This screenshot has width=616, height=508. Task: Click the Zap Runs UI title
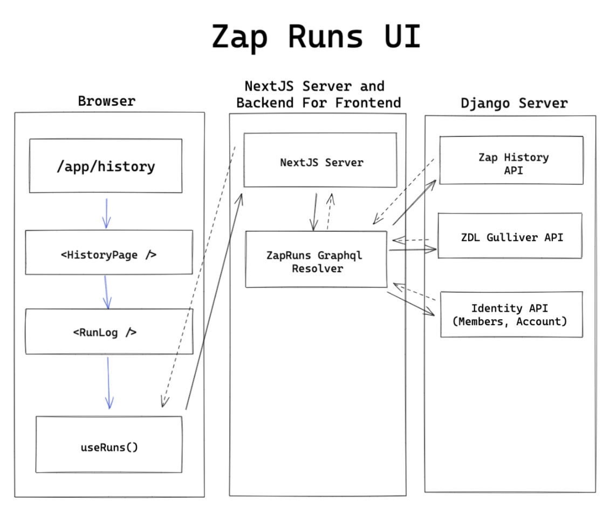pos(316,37)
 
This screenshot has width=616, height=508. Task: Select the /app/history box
pos(106,166)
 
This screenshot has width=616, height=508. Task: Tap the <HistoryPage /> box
pos(108,253)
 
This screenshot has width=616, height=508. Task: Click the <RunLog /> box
pos(108,332)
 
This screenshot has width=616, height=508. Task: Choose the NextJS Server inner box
pos(320,161)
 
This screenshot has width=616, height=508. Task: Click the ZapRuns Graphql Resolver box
pos(316,260)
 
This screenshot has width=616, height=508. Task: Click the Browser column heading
pos(107,101)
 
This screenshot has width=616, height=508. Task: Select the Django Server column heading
pos(514,102)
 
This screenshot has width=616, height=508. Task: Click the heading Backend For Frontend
pos(318,102)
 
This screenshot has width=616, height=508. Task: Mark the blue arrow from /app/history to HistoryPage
pos(106,212)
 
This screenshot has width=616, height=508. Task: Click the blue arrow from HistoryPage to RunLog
pos(107,291)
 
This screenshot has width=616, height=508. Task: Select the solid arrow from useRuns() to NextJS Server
pos(213,302)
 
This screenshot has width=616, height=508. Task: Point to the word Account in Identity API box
pos(542,322)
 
